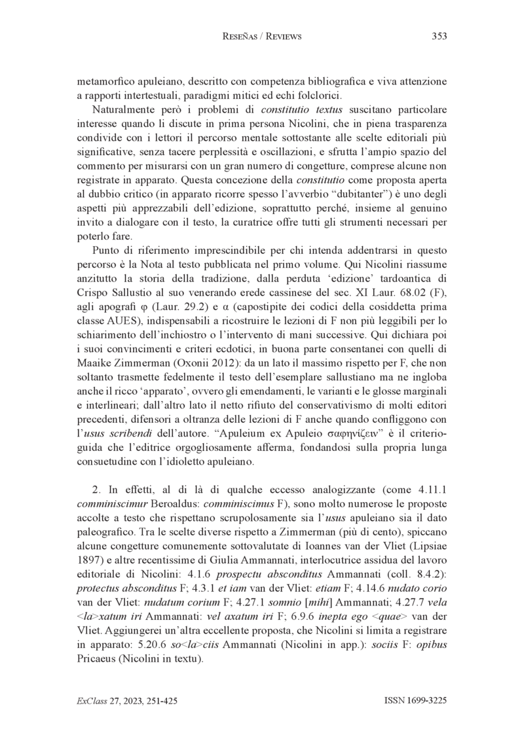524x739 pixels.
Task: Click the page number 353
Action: pyautogui.click(x=440, y=37)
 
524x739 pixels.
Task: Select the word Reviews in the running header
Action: pyautogui.click(x=281, y=37)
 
